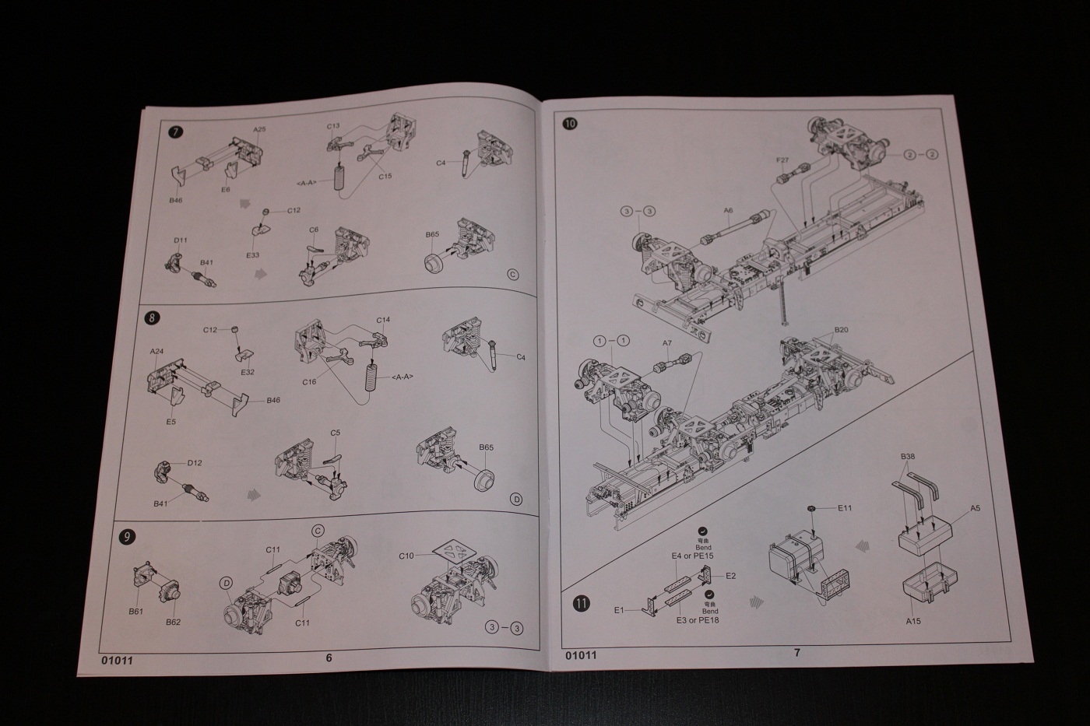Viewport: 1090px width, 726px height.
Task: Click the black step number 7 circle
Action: point(176,132)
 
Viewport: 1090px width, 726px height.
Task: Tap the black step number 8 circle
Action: point(153,317)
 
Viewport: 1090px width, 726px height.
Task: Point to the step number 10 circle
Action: point(571,123)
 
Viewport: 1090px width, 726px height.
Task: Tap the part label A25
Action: point(259,129)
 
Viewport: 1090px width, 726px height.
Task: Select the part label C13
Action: point(333,126)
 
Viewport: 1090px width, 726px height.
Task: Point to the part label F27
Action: point(782,161)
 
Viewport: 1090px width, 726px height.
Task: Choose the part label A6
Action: point(728,211)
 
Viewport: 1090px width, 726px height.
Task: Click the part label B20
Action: point(841,330)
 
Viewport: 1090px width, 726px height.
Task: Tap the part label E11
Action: point(845,509)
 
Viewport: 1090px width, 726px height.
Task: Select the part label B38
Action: point(907,456)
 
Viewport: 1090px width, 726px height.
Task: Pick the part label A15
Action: point(913,621)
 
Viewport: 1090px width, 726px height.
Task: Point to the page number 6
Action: point(329,658)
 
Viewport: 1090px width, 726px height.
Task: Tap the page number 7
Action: point(796,653)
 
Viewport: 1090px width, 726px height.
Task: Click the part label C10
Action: point(406,556)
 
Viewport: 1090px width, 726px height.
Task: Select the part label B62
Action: point(173,623)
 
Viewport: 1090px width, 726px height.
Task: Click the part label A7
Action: point(666,343)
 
